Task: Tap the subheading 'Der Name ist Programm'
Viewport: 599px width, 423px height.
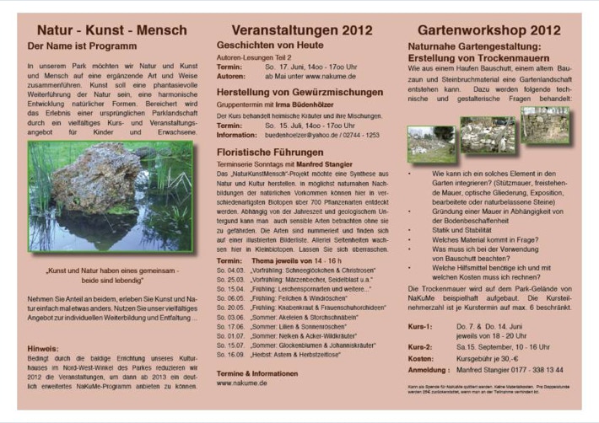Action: [82, 46]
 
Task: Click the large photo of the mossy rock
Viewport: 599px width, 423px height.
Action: [110, 197]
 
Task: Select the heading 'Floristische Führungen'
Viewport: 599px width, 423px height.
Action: [271, 152]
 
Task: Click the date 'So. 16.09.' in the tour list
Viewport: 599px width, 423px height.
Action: [229, 355]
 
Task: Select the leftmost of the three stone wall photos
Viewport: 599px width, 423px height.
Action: [431, 144]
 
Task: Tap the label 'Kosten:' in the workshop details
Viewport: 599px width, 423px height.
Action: [422, 358]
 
